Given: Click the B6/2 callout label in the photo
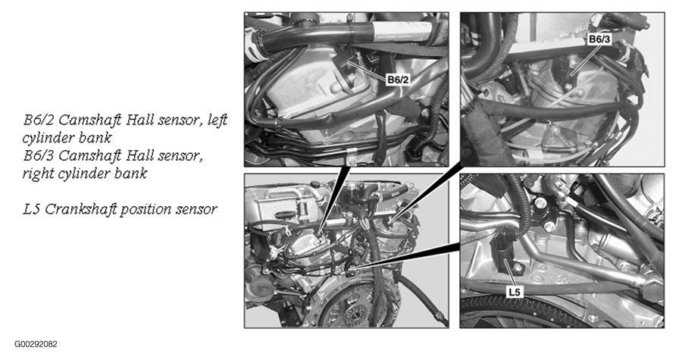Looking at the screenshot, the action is (x=398, y=80).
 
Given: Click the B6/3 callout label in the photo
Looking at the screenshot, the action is (x=599, y=39).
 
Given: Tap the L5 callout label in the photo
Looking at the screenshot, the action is (x=514, y=292).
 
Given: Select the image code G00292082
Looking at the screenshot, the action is (x=36, y=344).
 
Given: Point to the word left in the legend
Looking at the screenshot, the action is (x=217, y=120).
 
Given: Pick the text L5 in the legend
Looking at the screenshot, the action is (x=32, y=209).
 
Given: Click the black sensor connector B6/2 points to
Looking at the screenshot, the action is (x=345, y=61).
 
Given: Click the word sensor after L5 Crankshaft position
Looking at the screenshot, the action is (x=196, y=210).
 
